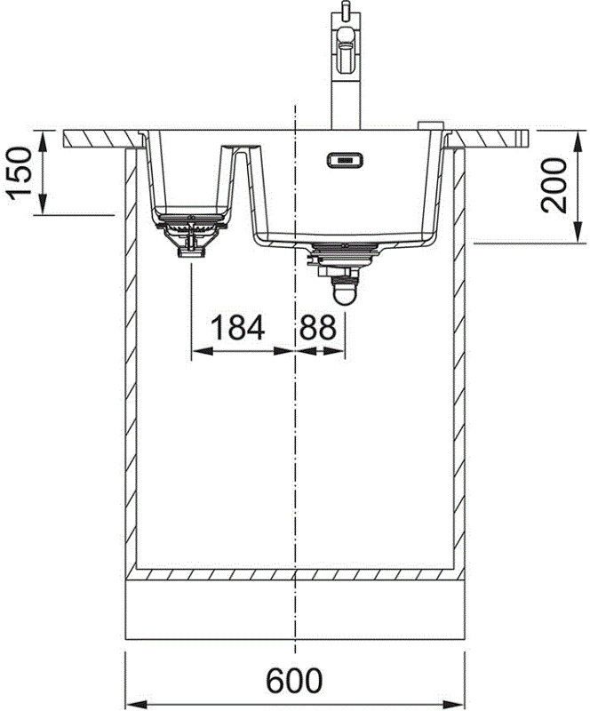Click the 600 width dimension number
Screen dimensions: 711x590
coord(294,683)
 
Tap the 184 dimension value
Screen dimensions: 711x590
coord(237,328)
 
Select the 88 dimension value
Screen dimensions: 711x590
coord(317,328)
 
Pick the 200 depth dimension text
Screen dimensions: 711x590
coord(555,185)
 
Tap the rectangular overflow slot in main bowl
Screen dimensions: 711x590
coord(344,160)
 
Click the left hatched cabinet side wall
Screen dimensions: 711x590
coord(131,355)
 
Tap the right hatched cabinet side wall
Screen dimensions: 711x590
coord(459,355)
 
